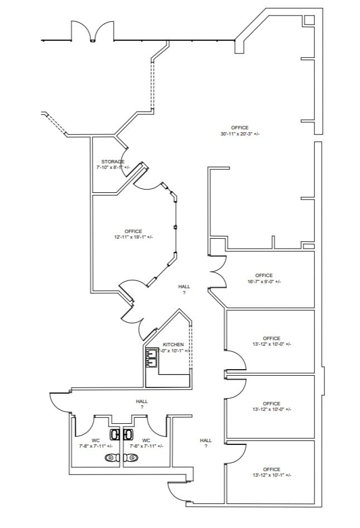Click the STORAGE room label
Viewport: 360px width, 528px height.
tap(113, 161)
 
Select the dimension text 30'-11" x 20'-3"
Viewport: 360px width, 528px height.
tap(240, 134)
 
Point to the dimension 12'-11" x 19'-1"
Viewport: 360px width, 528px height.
tap(133, 237)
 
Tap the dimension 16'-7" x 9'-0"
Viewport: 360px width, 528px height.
tap(264, 282)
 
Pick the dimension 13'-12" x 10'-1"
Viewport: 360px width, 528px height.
tap(271, 475)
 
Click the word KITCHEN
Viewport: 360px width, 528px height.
tap(173, 345)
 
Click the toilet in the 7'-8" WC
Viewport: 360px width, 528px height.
tap(112, 458)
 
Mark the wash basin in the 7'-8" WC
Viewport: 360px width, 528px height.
tap(115, 434)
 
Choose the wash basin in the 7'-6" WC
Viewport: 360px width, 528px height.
tap(129, 434)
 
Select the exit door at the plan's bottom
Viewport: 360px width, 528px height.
tap(178, 491)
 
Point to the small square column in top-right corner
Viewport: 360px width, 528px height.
tap(309, 20)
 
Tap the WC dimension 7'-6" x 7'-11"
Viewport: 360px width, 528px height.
tap(144, 446)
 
